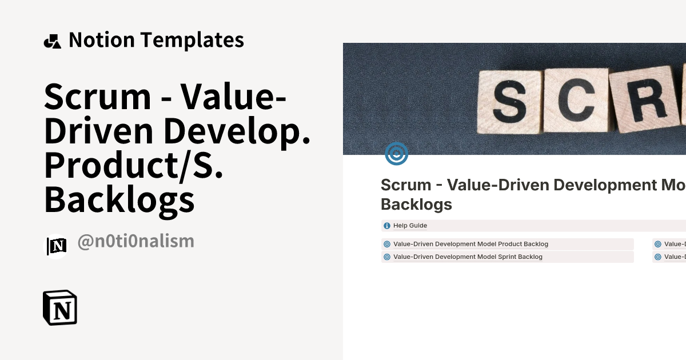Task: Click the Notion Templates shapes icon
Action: coord(52,41)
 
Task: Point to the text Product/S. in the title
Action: coord(133,165)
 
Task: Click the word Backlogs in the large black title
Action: coord(119,199)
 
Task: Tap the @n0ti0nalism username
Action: coord(135,241)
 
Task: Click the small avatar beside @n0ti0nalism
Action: coord(56,246)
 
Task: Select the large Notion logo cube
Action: coord(60,308)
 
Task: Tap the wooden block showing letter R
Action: coord(644,100)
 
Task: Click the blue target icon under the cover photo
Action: coord(396,153)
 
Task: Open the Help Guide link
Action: coord(410,226)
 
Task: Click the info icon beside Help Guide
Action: coord(387,226)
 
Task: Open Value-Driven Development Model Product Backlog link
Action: coord(470,244)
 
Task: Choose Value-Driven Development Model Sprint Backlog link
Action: coord(468,257)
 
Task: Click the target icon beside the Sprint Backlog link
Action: coord(387,257)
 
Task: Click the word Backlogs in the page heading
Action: coord(416,204)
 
